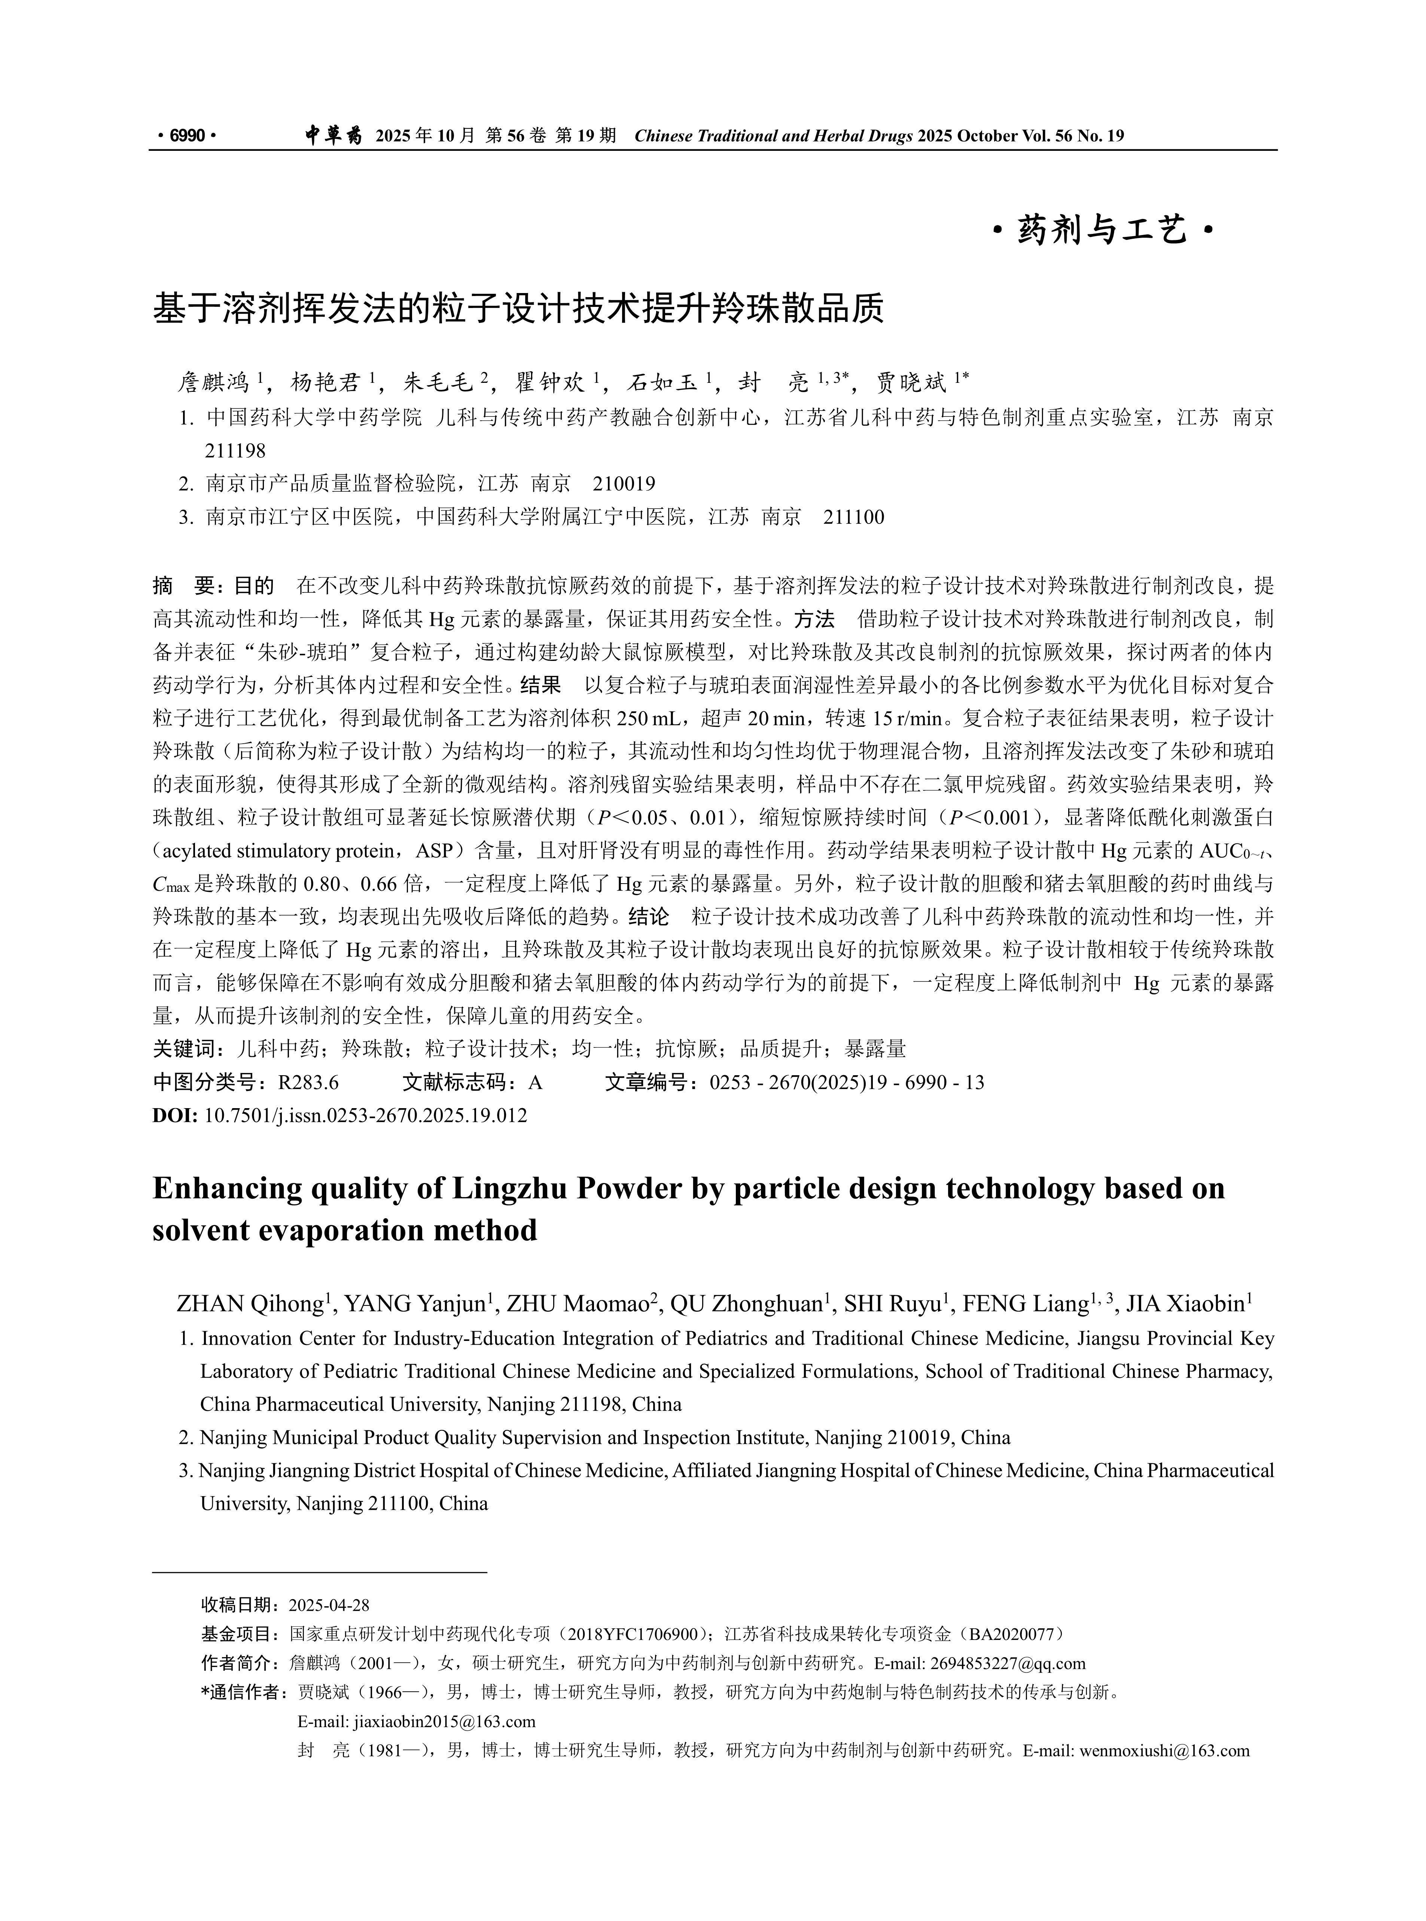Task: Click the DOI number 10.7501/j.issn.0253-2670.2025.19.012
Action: tap(365, 1115)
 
